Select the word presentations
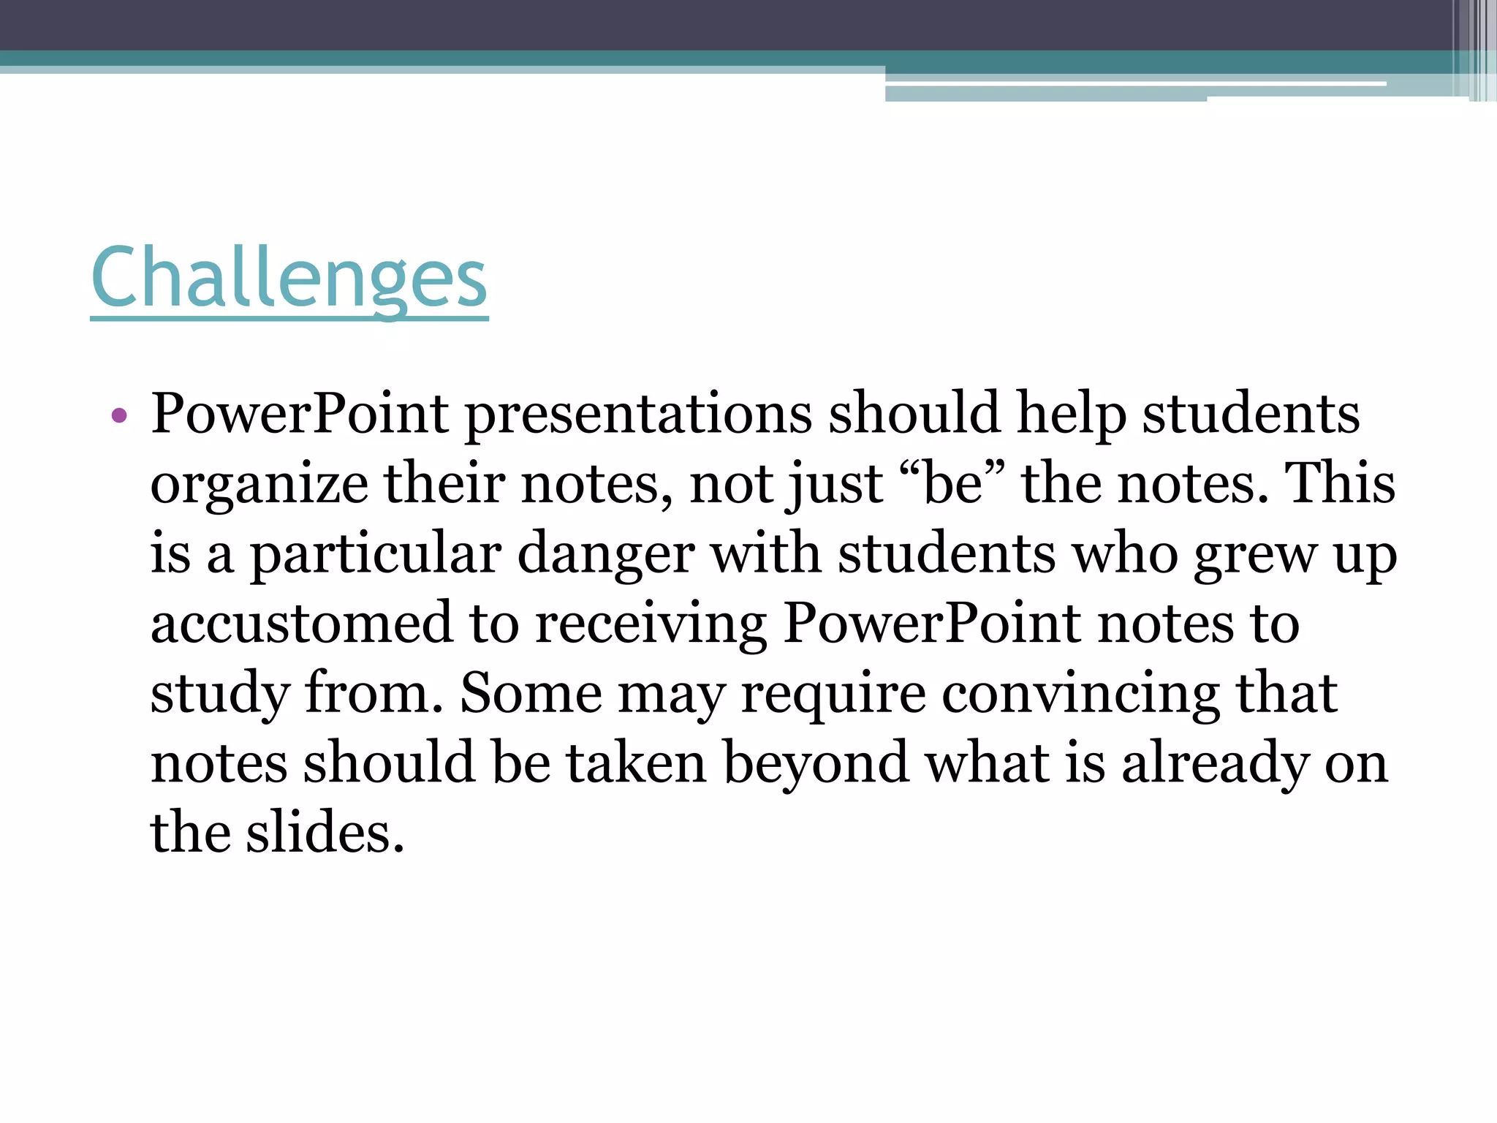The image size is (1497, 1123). tap(638, 415)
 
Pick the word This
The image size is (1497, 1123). tap(1339, 484)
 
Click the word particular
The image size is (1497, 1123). tap(376, 554)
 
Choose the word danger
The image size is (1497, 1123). tap(606, 554)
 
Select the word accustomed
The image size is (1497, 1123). tap(301, 623)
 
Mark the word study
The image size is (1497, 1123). tap(220, 694)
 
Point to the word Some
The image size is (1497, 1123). tap(531, 692)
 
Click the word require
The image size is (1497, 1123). tap(833, 694)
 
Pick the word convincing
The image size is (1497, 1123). tap(1080, 694)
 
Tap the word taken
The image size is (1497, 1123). tap(637, 763)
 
